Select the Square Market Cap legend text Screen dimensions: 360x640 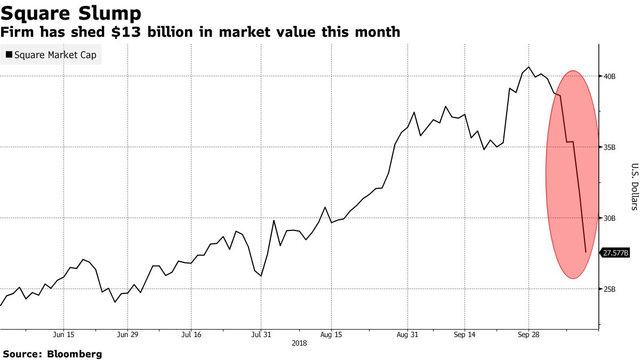[55, 54]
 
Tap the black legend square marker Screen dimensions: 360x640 [9, 54]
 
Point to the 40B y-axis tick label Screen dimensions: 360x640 [610, 76]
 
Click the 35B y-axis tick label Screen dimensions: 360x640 [610, 147]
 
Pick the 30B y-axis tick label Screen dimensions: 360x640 [610, 218]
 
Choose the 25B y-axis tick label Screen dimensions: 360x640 [610, 289]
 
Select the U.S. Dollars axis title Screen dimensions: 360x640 [634, 187]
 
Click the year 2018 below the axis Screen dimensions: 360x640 [299, 343]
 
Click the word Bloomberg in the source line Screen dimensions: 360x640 [75, 354]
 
